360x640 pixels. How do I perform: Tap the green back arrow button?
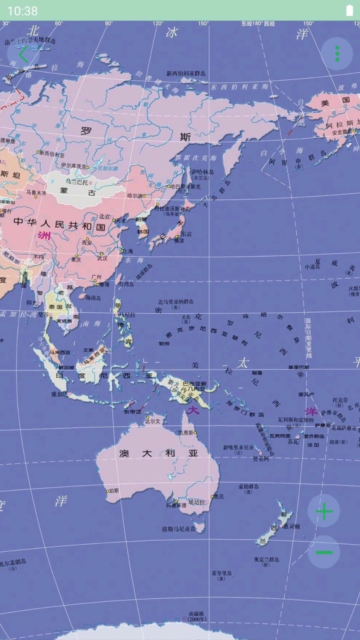pos(23,55)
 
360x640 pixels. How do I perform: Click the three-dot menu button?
pos(337,54)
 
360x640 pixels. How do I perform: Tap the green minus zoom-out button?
pos(324,552)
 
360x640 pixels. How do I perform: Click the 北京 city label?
pos(105,216)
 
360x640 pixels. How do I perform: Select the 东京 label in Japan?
pos(186,234)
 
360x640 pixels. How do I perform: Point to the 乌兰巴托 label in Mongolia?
pos(77,182)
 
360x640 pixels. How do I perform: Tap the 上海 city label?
pos(128,251)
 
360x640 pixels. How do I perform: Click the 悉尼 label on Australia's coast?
pos(219,496)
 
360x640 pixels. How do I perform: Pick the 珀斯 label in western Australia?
pos(114,490)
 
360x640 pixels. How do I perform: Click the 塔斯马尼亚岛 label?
pos(179,529)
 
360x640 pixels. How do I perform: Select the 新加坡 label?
pos(66,367)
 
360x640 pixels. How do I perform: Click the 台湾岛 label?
pos(126,284)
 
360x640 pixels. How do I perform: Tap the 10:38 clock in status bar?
pos(22,11)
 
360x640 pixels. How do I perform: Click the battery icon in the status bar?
pos(350,10)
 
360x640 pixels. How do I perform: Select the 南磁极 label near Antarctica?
pos(196,616)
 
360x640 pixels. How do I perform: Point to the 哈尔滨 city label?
pos(135,196)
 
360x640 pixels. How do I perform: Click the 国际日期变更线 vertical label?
pos(308,338)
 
